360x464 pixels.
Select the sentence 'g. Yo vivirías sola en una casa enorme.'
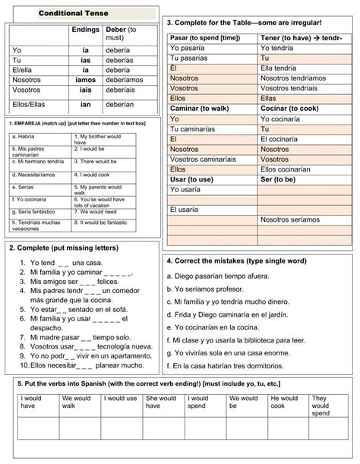(x=237, y=352)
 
